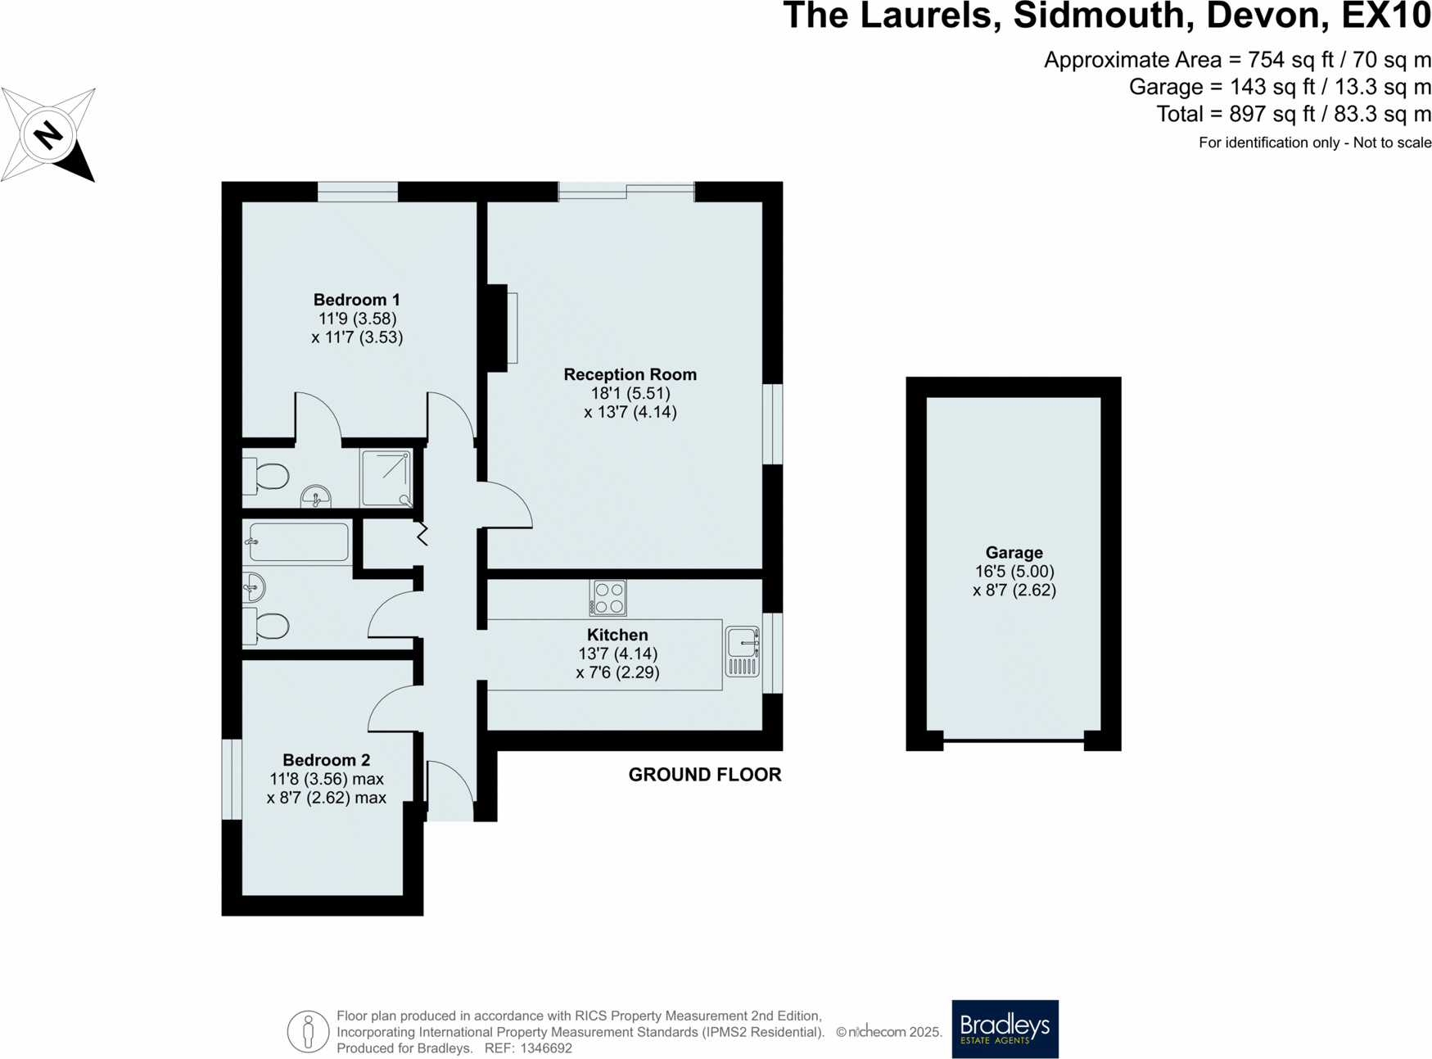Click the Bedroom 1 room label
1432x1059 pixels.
[357, 301]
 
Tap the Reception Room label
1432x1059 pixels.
[630, 375]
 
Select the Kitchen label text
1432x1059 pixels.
[617, 636]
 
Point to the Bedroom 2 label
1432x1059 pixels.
[326, 761]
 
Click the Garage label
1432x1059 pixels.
[1014, 553]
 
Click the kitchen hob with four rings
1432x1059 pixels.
[608, 598]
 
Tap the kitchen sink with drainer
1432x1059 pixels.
[743, 652]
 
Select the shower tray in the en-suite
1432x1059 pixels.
[386, 478]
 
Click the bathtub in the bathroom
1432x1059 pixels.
[300, 542]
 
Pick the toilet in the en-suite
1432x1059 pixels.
[268, 476]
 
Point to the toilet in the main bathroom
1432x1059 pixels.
[268, 627]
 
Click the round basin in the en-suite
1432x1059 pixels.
[316, 496]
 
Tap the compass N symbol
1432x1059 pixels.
[48, 134]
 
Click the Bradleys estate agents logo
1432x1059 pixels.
[1005, 1029]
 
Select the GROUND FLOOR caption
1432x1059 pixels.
[704, 775]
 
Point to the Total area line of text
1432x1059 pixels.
[1293, 115]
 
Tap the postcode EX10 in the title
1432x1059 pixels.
[1386, 16]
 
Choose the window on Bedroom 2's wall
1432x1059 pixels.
[232, 779]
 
